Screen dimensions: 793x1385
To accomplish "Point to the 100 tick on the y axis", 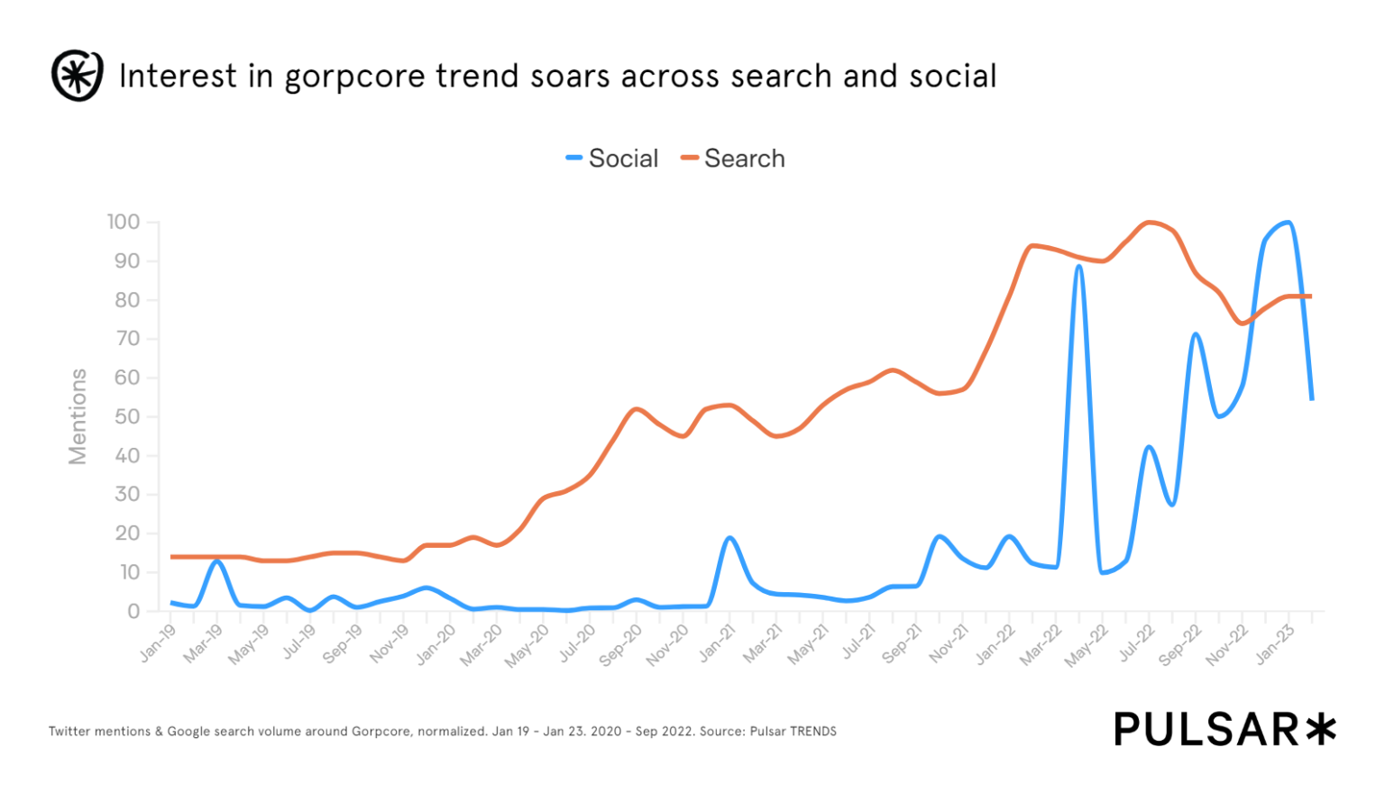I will [124, 222].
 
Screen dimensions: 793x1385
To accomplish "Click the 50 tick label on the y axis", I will [127, 416].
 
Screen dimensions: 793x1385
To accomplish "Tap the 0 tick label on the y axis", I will [133, 611].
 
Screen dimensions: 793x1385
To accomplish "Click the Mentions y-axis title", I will [78, 416].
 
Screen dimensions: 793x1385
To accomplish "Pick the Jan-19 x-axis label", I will [159, 643].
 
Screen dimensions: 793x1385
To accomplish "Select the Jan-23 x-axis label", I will [1275, 643].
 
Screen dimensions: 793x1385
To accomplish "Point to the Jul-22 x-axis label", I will [1136, 643].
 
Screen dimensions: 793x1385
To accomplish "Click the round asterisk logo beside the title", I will [77, 76].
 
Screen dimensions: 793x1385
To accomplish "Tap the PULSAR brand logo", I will [1224, 729].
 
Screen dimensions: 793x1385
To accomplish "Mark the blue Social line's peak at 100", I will [1287, 223].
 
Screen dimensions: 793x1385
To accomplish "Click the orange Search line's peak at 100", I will [1149, 223].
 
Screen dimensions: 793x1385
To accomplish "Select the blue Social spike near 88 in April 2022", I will [1078, 267].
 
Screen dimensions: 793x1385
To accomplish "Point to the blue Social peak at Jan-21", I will [729, 538].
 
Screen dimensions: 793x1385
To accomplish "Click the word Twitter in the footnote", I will [71, 732].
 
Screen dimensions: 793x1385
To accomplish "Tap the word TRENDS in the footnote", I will [813, 732].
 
